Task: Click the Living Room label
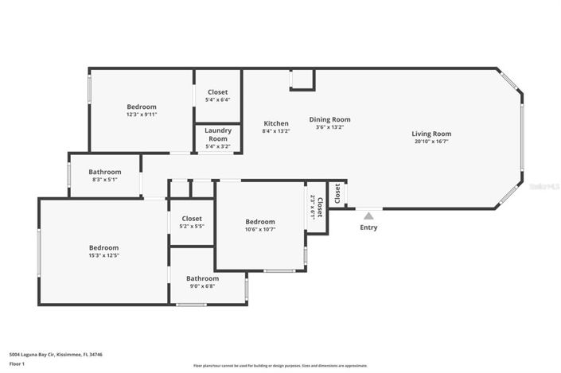click(431, 134)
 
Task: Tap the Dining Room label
click(329, 119)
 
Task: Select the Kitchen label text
click(276, 123)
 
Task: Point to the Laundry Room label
click(218, 134)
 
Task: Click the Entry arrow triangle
click(368, 214)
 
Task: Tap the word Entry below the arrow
click(368, 227)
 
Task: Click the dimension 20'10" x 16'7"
click(431, 142)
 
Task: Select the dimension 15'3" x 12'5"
click(103, 256)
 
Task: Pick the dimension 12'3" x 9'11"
click(142, 115)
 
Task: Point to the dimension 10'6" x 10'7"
click(260, 230)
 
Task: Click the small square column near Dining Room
click(302, 80)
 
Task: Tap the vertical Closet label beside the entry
click(337, 192)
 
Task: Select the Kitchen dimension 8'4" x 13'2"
click(276, 131)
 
